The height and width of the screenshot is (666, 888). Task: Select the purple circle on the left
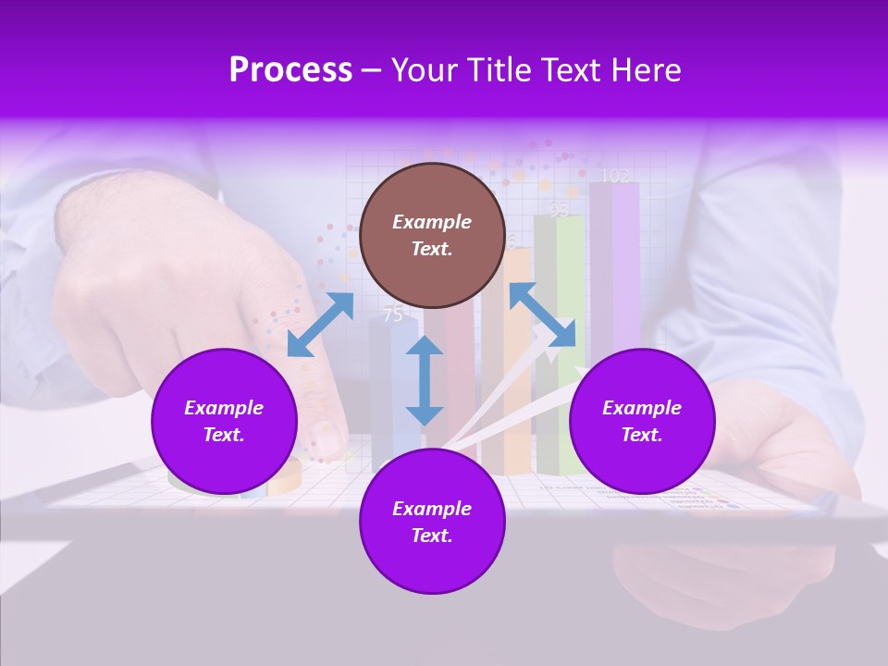click(x=224, y=421)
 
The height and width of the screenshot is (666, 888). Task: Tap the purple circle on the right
click(x=642, y=421)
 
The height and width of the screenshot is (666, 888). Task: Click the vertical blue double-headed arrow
click(x=425, y=380)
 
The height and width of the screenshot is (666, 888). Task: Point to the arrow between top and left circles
click(x=320, y=325)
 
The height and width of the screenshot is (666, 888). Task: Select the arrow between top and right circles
click(x=542, y=314)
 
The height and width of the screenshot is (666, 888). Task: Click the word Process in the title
click(x=290, y=70)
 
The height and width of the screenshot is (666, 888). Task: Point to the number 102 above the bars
click(x=615, y=176)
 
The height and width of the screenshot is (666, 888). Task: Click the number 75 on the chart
click(x=393, y=314)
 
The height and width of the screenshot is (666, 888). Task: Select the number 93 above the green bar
click(x=559, y=210)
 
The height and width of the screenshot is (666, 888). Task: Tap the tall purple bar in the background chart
click(x=615, y=268)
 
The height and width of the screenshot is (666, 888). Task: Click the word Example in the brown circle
click(x=432, y=222)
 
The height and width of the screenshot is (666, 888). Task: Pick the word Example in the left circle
click(x=224, y=408)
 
